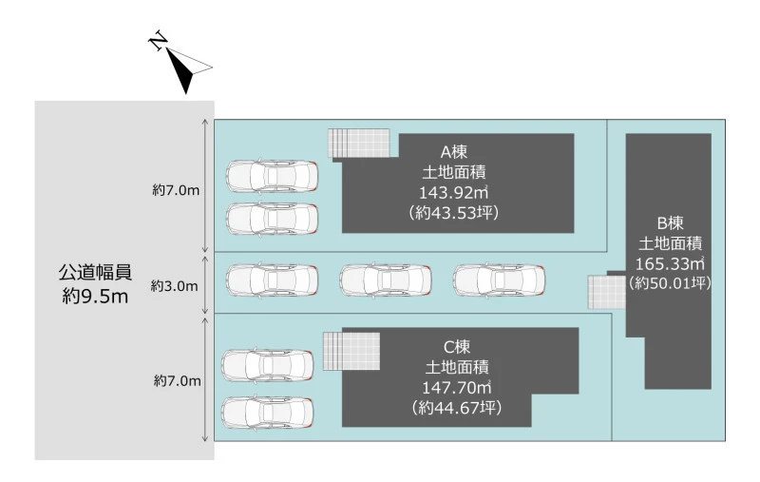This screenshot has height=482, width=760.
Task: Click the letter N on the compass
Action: tap(158, 40)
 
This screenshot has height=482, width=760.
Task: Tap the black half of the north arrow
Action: tap(180, 71)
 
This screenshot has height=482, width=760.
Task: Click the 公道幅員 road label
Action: tap(95, 273)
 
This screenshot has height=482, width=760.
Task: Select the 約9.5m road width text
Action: tap(95, 296)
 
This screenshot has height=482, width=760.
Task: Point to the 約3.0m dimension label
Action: tap(174, 286)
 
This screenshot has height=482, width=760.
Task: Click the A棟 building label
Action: tap(454, 152)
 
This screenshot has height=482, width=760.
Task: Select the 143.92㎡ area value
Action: tap(454, 192)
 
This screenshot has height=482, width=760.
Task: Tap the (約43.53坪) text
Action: tap(454, 213)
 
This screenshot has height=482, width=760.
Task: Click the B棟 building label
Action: tap(671, 223)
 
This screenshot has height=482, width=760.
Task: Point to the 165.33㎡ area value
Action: tap(670, 263)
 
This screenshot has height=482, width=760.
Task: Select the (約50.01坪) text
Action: tap(670, 282)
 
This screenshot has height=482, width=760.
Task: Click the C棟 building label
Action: tap(457, 347)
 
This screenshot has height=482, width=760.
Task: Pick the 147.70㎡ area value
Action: tap(457, 388)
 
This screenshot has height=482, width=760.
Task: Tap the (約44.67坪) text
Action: tap(457, 408)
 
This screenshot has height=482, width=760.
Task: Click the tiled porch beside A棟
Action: tap(359, 143)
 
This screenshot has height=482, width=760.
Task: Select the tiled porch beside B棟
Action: tap(607, 293)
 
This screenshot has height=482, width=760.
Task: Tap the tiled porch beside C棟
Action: tap(351, 351)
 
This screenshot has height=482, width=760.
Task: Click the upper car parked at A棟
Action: tap(273, 176)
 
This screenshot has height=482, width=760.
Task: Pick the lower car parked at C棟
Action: tap(268, 413)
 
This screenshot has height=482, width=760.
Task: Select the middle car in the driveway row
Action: tap(386, 280)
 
